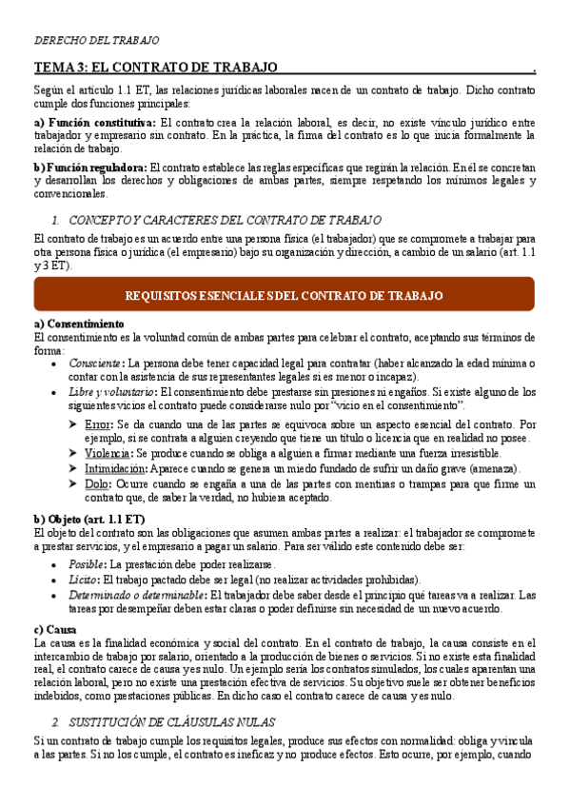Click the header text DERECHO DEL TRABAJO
click(x=97, y=41)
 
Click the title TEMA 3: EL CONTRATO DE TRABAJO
click(x=155, y=69)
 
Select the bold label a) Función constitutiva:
click(x=94, y=123)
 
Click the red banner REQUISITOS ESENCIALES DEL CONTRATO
click(x=284, y=296)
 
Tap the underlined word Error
click(x=97, y=423)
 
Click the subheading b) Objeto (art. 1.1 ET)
click(x=88, y=519)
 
